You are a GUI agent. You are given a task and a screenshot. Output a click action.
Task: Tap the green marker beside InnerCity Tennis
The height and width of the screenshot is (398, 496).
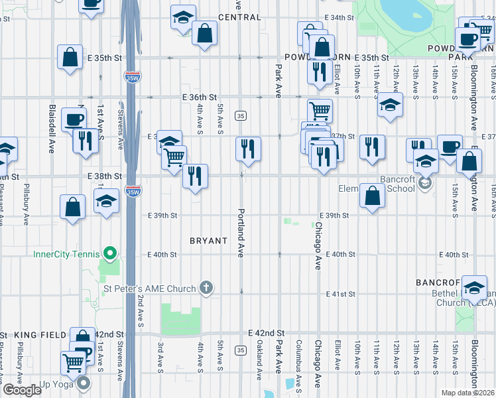(x=111, y=253)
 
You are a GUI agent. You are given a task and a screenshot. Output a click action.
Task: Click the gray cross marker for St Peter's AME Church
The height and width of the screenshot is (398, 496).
(x=206, y=288)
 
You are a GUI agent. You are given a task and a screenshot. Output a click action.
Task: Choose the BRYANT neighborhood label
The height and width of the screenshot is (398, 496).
(x=209, y=241)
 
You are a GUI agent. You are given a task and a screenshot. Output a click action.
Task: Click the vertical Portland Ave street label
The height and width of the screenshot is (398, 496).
(x=241, y=233)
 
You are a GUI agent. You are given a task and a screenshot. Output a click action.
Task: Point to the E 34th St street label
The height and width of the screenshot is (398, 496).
(x=338, y=17)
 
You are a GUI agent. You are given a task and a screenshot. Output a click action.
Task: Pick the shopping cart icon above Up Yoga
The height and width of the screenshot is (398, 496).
(x=72, y=362)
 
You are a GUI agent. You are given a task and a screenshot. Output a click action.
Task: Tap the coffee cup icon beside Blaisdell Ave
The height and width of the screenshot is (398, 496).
(x=74, y=119)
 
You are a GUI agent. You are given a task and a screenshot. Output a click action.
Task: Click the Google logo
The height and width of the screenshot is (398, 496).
(x=22, y=390)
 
